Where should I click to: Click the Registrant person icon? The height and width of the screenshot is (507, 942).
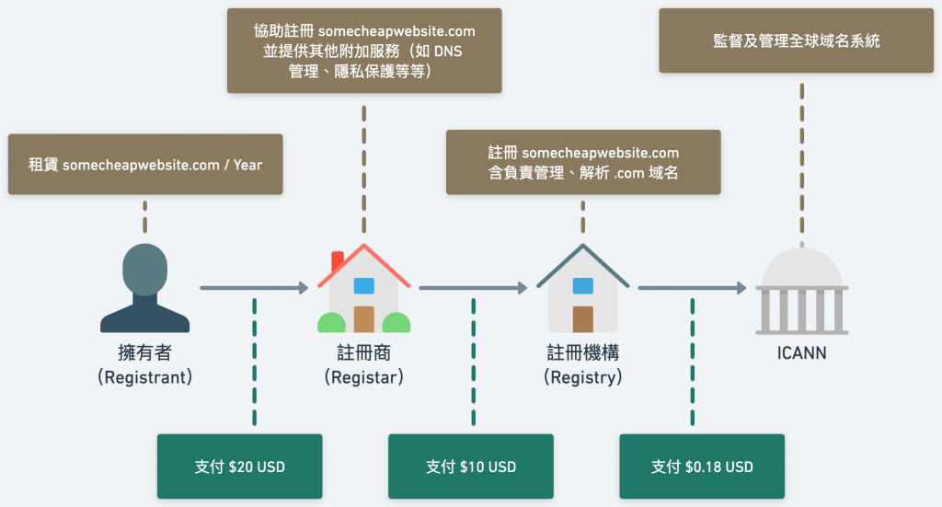click(x=145, y=288)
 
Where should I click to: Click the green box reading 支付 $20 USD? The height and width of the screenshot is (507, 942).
click(x=240, y=467)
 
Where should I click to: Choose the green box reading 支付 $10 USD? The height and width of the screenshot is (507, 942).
click(x=471, y=467)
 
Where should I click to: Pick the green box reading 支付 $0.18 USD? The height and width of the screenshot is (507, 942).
click(x=702, y=467)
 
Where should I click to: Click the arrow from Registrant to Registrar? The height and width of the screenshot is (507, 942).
click(x=254, y=289)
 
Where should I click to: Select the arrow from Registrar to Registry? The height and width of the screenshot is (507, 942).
click(x=473, y=289)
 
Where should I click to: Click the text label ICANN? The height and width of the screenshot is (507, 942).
click(x=801, y=352)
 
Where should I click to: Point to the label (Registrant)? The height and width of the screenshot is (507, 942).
click(x=145, y=377)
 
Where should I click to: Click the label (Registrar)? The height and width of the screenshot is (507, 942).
click(x=363, y=377)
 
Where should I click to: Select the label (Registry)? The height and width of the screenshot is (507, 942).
click(x=582, y=377)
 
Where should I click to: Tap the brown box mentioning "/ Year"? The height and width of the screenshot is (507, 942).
click(x=145, y=165)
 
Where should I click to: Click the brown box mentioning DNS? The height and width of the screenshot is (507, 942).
click(x=364, y=51)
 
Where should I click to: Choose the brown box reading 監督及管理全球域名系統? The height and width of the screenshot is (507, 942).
click(x=796, y=40)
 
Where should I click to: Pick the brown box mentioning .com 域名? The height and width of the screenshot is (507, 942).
click(x=582, y=162)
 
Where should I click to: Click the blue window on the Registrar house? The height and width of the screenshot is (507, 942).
click(x=363, y=285)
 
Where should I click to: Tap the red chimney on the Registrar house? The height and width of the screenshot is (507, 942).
click(x=337, y=260)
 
